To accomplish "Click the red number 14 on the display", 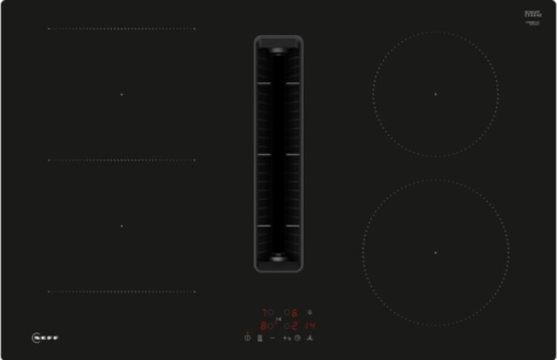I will pyautogui.click(x=310, y=326).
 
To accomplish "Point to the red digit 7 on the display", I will pyautogui.click(x=263, y=312).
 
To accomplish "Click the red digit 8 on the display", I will pyautogui.click(x=263, y=326).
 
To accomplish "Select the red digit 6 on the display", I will pyautogui.click(x=294, y=312).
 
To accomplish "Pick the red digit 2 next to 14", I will pyautogui.click(x=294, y=326).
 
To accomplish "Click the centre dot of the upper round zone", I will pyautogui.click(x=436, y=94).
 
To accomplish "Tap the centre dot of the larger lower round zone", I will pyautogui.click(x=436, y=253).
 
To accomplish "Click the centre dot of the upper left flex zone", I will pyautogui.click(x=122, y=94).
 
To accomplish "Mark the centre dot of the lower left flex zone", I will pyautogui.click(x=122, y=226).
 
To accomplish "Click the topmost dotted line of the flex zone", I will pyautogui.click(x=121, y=29).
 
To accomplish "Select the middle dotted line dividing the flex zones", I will pyautogui.click(x=121, y=160).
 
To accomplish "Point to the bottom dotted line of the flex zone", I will pyautogui.click(x=121, y=291).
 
